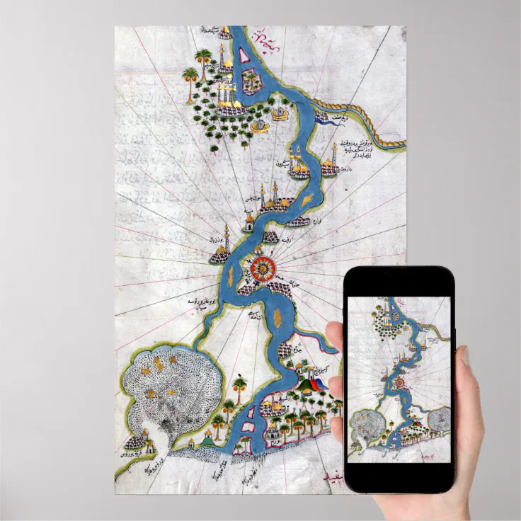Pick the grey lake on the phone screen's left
click(364, 425)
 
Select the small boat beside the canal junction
click(321, 116)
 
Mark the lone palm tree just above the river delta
click(241, 387)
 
